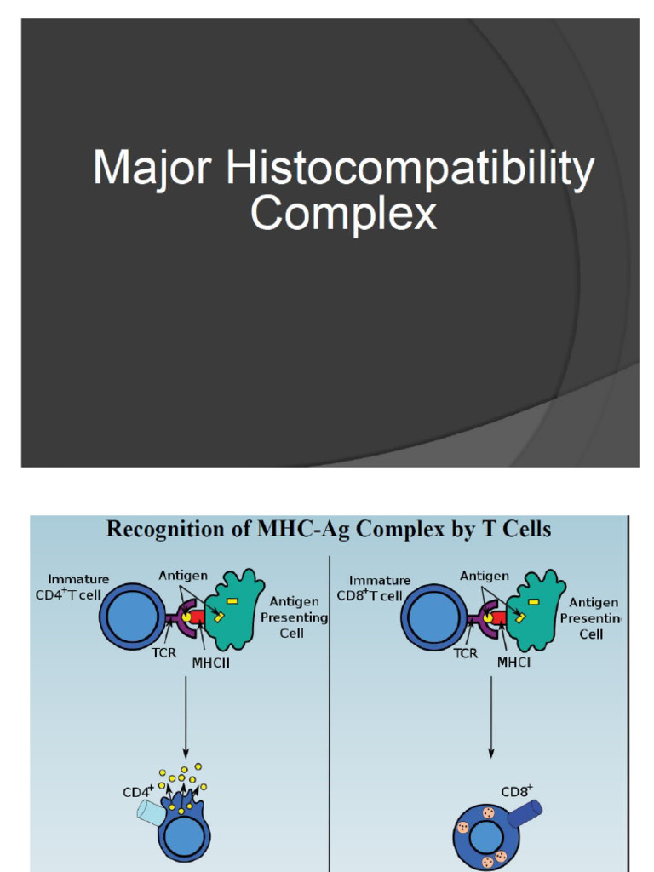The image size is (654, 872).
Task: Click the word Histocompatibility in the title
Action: click(410, 169)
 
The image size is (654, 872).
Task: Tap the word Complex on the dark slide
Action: click(343, 214)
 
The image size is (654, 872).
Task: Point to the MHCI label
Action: click(513, 663)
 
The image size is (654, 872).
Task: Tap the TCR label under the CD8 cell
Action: click(465, 653)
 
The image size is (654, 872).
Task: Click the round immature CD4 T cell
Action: click(133, 616)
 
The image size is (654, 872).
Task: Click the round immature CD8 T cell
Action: click(433, 617)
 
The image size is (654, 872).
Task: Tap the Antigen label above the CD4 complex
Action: click(182, 577)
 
